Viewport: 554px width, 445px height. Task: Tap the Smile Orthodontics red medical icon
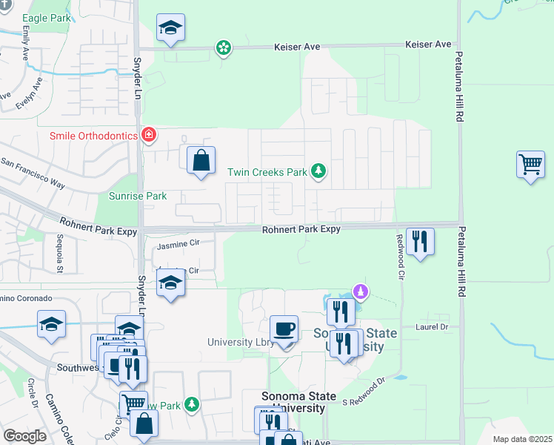coord(149,135)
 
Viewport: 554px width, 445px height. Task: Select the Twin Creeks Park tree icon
coord(318,171)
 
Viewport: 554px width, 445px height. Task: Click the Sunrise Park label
coord(138,196)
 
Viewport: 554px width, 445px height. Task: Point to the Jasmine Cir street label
coord(179,243)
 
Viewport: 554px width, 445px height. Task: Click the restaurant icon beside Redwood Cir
coord(420,241)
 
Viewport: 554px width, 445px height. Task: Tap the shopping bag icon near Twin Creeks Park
coord(201,159)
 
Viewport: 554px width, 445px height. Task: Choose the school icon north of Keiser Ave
coord(171,28)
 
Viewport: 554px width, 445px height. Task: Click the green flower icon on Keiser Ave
coord(223,48)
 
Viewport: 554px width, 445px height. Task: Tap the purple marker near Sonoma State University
coord(361,291)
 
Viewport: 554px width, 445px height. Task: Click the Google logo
coord(24,436)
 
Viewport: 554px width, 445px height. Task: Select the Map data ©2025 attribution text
coord(522,439)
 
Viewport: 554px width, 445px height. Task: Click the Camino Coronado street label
coord(27,298)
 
